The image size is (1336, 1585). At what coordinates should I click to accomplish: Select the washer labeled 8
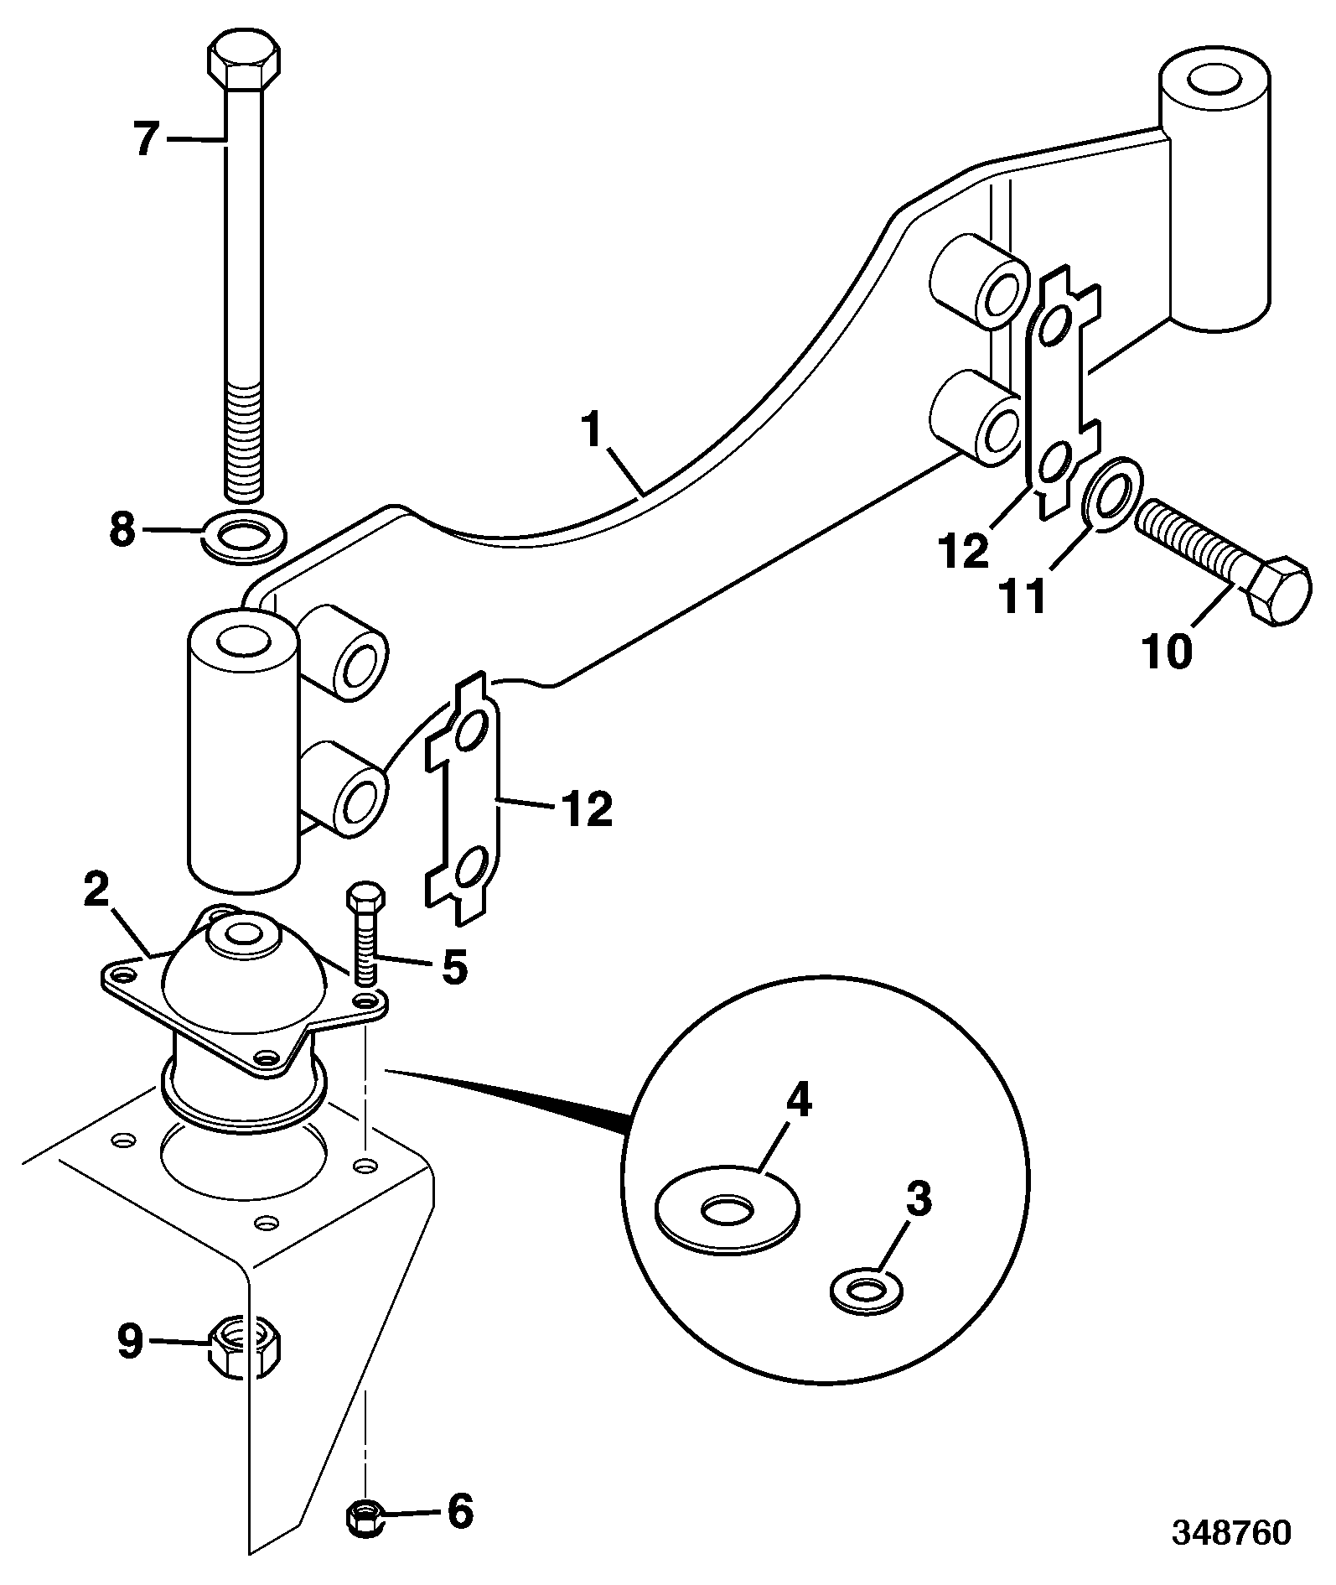click(x=245, y=534)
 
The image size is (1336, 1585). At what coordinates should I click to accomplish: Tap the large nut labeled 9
click(x=245, y=1345)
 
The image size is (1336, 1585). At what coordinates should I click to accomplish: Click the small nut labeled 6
click(x=365, y=1516)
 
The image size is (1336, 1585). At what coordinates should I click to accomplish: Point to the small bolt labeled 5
click(x=367, y=933)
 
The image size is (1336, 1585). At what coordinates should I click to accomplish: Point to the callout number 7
click(x=148, y=139)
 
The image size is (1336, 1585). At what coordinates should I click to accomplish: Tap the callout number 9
click(x=129, y=1342)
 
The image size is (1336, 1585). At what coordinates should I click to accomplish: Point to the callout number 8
click(x=122, y=530)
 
